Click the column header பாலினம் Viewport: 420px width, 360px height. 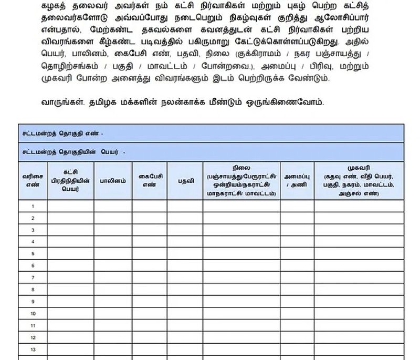[113, 180]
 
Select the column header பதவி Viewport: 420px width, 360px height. [185, 180]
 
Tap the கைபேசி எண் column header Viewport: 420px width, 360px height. [150, 180]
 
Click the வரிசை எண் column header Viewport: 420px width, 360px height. [33, 180]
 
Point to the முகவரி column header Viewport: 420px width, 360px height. [359, 180]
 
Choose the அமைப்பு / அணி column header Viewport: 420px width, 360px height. [297, 180]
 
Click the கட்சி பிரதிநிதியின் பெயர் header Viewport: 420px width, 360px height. [70, 180]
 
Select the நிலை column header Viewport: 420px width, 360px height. [241, 180]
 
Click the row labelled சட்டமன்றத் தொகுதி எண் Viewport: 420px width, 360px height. [63, 133]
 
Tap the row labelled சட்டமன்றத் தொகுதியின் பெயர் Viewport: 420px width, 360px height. [73, 152]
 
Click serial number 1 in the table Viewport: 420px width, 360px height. [33, 207]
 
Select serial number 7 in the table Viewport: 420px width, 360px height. [33, 277]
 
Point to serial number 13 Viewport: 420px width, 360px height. [33, 349]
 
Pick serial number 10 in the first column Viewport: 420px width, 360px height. [33, 314]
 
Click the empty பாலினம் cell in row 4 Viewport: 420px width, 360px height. [113, 242]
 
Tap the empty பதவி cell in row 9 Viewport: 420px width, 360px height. [185, 302]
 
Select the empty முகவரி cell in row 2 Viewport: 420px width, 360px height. [359, 218]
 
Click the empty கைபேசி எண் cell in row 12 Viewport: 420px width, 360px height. [150, 337]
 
